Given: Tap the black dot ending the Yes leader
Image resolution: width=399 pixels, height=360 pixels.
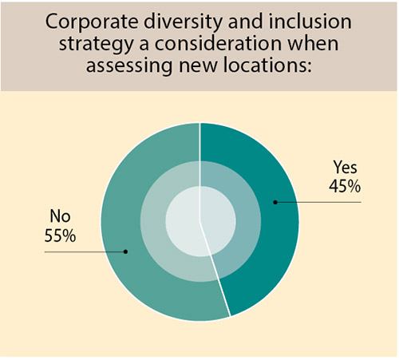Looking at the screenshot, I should point(275,202).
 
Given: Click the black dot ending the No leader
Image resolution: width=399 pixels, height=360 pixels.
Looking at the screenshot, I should point(126,251).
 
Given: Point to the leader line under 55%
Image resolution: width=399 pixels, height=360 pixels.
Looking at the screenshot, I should point(84,251).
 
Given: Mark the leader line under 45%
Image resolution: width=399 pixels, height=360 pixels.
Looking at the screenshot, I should point(319,202).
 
